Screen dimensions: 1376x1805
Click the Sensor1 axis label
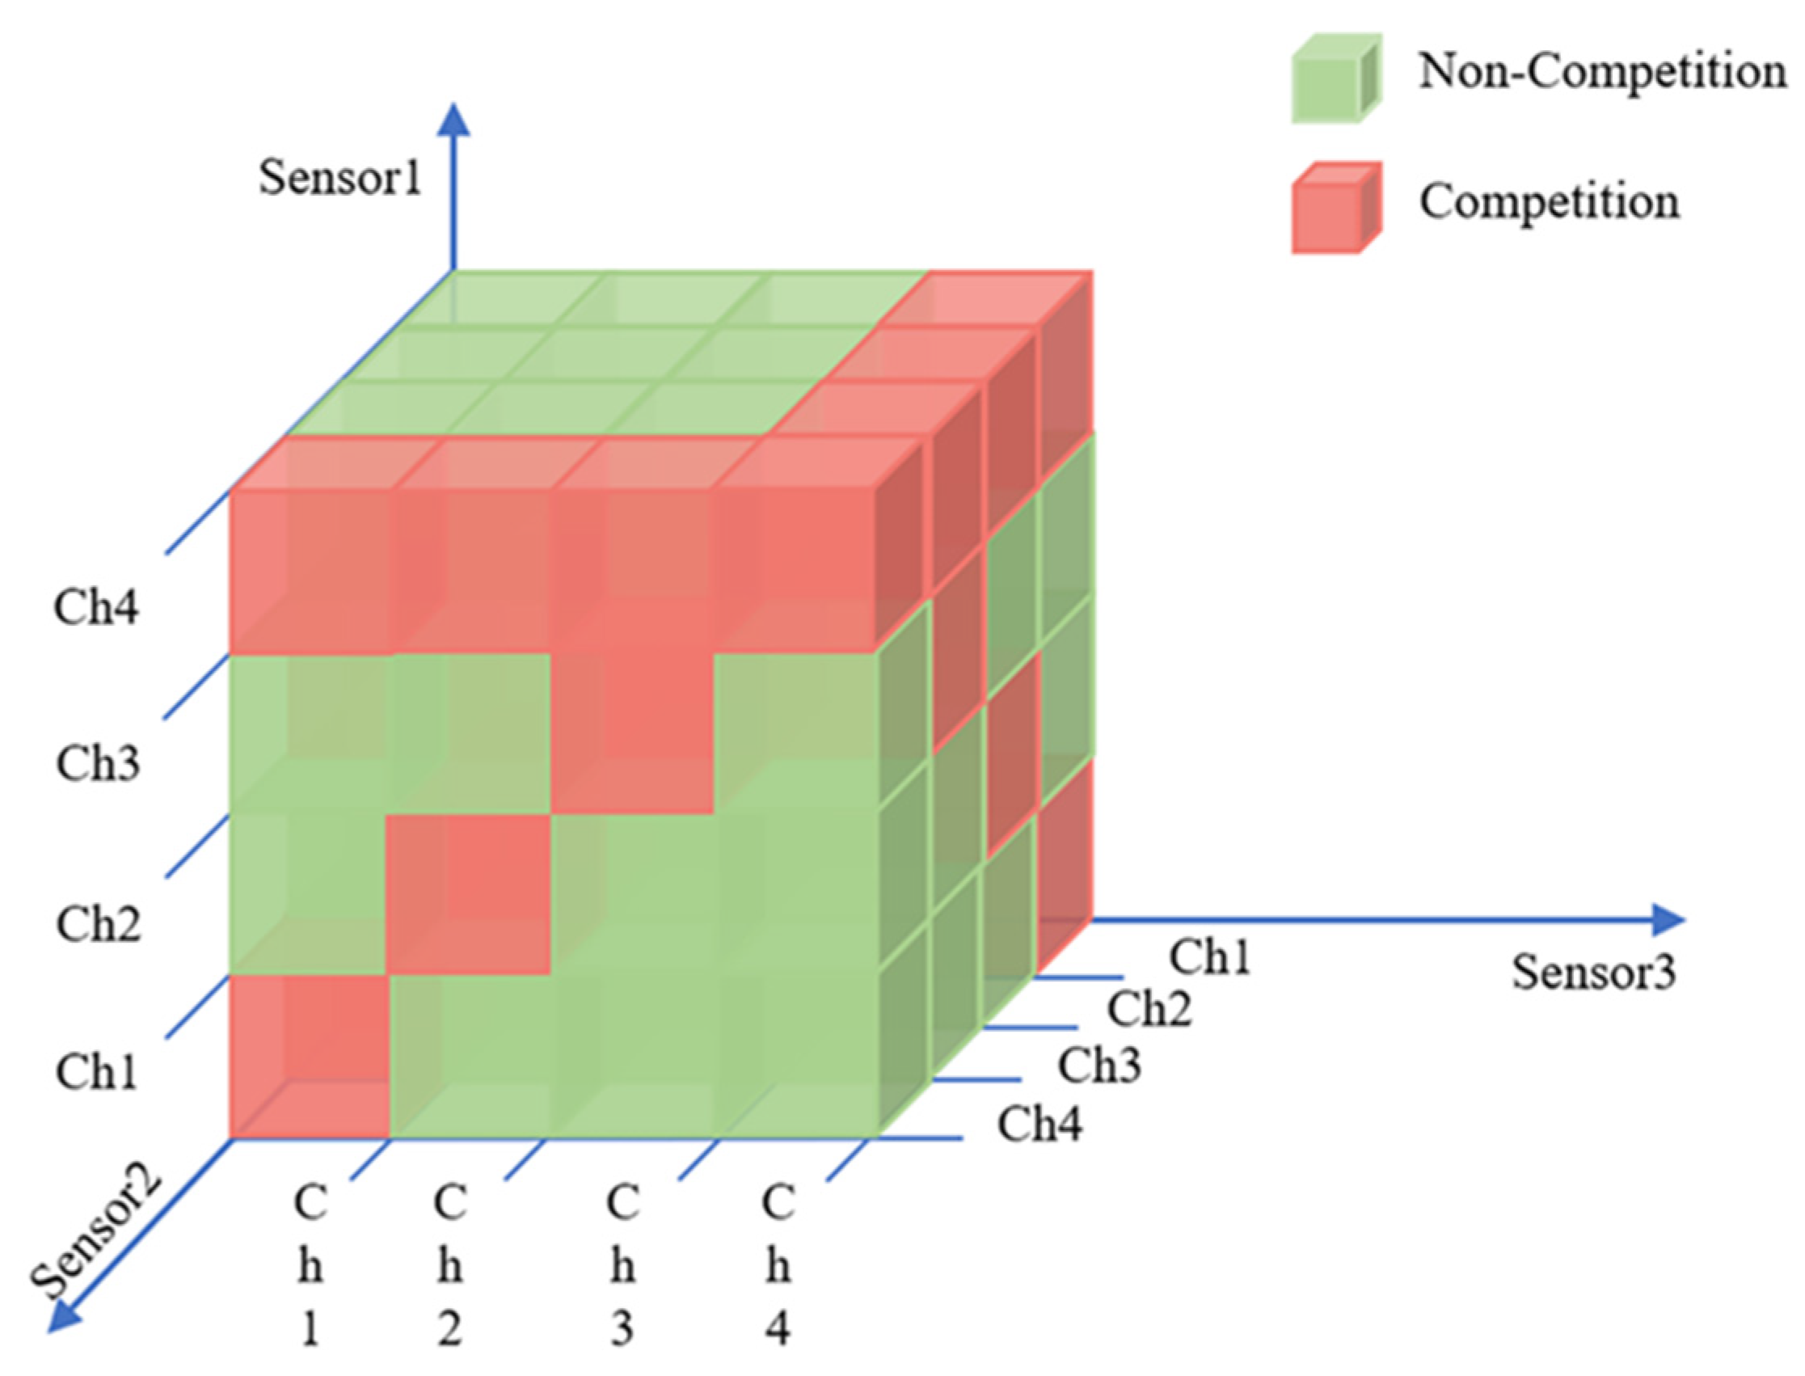pyautogui.click(x=339, y=178)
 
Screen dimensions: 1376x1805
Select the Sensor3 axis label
pyautogui.click(x=1593, y=973)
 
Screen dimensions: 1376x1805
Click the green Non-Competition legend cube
pyautogui.click(x=1335, y=78)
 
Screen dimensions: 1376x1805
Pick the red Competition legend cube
pyautogui.click(x=1335, y=208)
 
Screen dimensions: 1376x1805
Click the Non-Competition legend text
pyautogui.click(x=1602, y=72)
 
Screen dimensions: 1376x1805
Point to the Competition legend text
pyautogui.click(x=1549, y=201)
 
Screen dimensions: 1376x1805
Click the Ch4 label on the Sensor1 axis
pyautogui.click(x=96, y=608)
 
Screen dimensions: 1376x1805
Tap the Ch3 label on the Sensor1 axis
pyautogui.click(x=98, y=763)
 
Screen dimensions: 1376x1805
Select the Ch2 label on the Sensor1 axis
pyautogui.click(x=99, y=924)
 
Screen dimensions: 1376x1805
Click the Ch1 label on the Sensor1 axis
pyautogui.click(x=96, y=1071)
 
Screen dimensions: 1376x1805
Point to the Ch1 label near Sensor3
pyautogui.click(x=1209, y=956)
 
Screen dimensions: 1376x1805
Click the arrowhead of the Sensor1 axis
pyautogui.click(x=453, y=121)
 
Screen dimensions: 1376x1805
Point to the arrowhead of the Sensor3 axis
pyautogui.click(x=1668, y=920)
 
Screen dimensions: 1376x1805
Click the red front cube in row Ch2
pyautogui.click(x=468, y=894)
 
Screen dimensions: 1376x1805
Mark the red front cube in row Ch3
pyautogui.click(x=631, y=733)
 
